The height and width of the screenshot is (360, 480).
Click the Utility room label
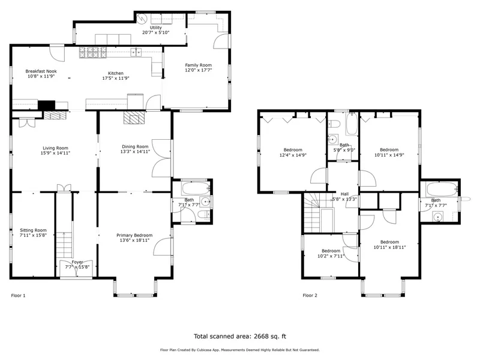coord(156,28)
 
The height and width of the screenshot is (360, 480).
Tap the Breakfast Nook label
coord(41,71)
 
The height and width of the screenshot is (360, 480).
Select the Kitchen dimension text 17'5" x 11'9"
coord(116,79)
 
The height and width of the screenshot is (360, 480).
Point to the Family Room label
coord(199,65)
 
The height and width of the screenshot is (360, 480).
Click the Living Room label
coord(55,148)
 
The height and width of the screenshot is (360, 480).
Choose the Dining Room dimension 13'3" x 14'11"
coord(135,152)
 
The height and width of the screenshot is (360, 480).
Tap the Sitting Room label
coord(33,230)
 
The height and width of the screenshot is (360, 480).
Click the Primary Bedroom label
coord(134,235)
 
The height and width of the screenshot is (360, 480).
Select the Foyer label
coord(77,262)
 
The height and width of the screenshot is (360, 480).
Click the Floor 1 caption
coord(19,295)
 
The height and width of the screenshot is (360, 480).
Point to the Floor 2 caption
coord(310,295)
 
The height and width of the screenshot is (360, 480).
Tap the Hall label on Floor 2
coord(344,194)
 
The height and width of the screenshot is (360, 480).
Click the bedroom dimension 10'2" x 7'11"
coord(331,256)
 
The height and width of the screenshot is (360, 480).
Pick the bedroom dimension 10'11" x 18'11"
coord(389,247)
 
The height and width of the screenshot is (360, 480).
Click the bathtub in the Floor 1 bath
coord(196,188)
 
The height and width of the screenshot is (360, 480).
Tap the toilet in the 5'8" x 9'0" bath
coord(334,124)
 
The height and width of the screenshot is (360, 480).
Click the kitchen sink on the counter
coord(136,52)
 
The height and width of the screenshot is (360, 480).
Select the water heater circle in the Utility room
coord(142,19)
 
